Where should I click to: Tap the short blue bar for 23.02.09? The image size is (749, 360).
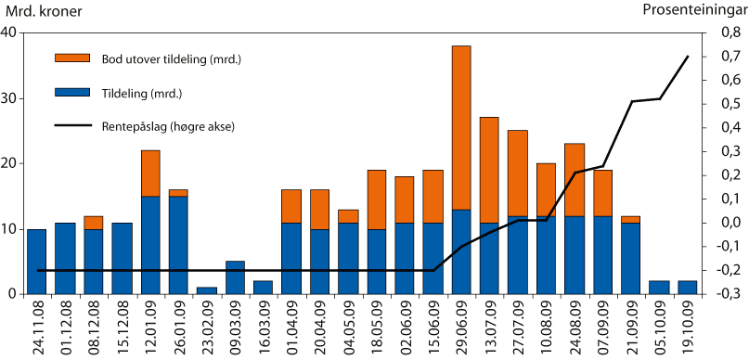pos(207,290)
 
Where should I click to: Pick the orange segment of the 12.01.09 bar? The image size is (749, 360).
pos(150,173)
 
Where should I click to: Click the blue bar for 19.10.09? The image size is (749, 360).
pos(688,287)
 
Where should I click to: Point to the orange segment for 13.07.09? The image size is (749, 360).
pos(489,170)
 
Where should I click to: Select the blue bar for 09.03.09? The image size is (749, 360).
pos(236,277)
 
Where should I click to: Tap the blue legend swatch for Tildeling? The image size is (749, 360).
pos(72,93)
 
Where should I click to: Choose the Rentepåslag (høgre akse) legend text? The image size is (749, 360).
pos(166,125)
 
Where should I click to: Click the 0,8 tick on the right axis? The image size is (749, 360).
pos(723,32)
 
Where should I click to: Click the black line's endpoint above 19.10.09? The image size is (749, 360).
pos(688,57)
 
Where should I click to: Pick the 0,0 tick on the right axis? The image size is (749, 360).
pos(723,223)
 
